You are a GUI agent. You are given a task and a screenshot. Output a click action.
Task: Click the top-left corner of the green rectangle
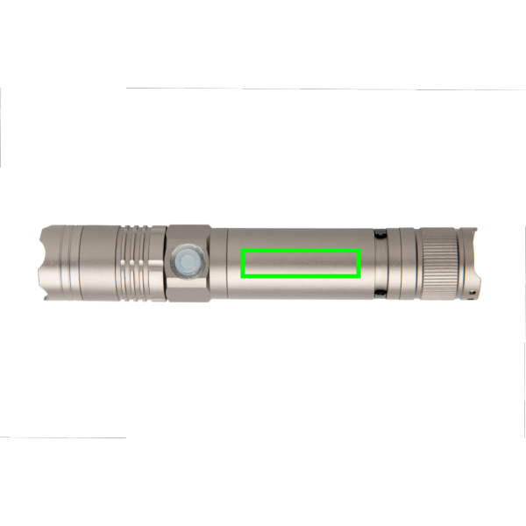click(x=243, y=251)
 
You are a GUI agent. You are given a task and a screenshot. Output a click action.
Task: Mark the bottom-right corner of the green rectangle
click(x=359, y=275)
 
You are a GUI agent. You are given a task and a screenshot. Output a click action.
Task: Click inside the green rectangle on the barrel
click(x=301, y=263)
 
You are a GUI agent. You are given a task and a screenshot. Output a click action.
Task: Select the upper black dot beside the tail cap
click(x=380, y=235)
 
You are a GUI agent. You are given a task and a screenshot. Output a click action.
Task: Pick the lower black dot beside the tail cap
click(x=380, y=294)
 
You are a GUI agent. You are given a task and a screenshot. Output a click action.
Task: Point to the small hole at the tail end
click(x=476, y=284)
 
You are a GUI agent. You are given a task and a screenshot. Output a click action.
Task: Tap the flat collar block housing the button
click(x=188, y=263)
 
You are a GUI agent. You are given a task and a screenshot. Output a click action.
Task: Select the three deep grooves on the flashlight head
click(x=137, y=264)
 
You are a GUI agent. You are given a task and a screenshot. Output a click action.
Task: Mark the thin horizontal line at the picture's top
click(x=324, y=88)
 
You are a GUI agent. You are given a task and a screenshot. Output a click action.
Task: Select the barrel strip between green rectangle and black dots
click(x=367, y=263)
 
